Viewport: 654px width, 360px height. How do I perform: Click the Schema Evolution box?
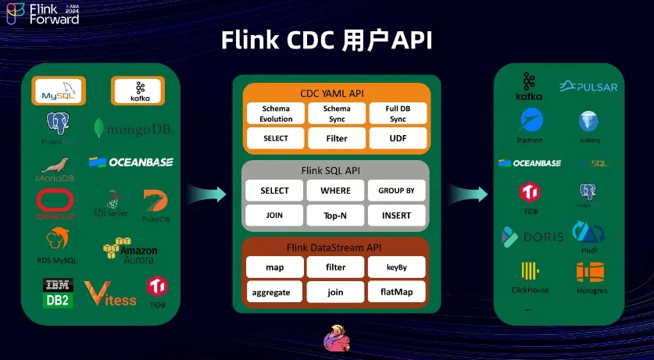(x=276, y=113)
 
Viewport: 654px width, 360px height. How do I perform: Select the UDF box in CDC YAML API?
(x=397, y=138)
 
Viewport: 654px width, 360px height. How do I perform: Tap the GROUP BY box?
(x=397, y=191)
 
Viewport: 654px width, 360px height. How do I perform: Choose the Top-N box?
(x=336, y=216)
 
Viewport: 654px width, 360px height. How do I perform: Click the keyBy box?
(x=397, y=267)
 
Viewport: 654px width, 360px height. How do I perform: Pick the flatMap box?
(x=397, y=292)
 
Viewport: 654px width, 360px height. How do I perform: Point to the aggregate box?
(x=276, y=292)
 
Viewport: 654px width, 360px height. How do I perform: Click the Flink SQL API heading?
(x=336, y=170)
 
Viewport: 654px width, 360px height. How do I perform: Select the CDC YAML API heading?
(x=336, y=92)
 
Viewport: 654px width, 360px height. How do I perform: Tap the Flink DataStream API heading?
(x=336, y=248)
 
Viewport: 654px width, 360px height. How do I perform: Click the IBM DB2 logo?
(x=58, y=292)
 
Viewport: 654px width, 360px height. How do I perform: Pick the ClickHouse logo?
(x=530, y=277)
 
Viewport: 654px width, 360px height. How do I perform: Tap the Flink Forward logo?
(x=42, y=13)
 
